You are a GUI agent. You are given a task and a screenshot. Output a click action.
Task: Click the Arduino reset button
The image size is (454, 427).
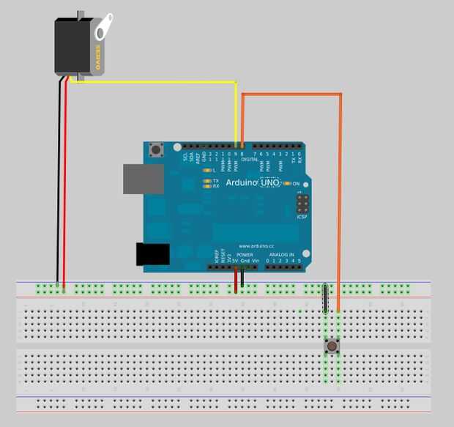[x=155, y=152]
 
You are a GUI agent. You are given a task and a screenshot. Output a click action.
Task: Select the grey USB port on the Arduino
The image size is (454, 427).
[x=143, y=179]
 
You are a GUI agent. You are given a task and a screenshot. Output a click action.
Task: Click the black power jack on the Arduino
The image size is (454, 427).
[x=153, y=253]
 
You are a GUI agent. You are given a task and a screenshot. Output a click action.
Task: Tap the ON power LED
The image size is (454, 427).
[x=288, y=182]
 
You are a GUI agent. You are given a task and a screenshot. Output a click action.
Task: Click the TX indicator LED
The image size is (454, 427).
[x=207, y=180]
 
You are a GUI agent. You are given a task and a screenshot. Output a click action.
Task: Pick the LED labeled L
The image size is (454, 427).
[x=207, y=170]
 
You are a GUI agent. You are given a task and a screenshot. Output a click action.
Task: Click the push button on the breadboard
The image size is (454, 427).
[x=332, y=345]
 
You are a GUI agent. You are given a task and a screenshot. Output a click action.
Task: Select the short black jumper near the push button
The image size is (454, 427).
[x=325, y=299]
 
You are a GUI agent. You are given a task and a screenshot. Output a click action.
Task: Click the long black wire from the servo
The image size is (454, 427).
[x=58, y=183]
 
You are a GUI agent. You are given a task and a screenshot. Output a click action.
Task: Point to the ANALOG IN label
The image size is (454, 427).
[x=281, y=254]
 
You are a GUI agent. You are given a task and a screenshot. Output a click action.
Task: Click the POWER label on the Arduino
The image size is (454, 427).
[x=245, y=254]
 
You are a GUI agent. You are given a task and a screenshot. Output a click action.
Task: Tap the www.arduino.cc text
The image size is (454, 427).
[x=256, y=246]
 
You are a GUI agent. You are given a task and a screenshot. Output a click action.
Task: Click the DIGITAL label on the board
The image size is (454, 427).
[x=250, y=158]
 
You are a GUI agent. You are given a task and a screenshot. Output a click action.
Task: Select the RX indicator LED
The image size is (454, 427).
[x=207, y=186]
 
